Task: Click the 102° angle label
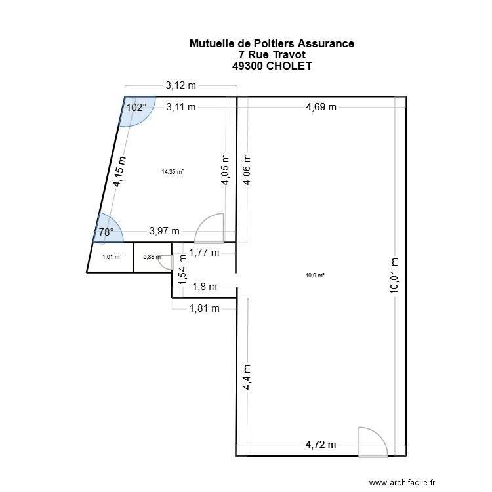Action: pyautogui.click(x=136, y=107)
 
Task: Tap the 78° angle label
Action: pyautogui.click(x=106, y=231)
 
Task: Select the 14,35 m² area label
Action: pyautogui.click(x=173, y=172)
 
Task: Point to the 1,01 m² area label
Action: pyautogui.click(x=112, y=257)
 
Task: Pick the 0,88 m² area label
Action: pyautogui.click(x=152, y=256)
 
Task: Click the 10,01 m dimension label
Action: pyautogui.click(x=395, y=276)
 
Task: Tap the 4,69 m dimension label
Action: pyautogui.click(x=321, y=107)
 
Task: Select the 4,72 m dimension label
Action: pyautogui.click(x=321, y=445)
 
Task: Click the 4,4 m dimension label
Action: pyautogui.click(x=247, y=379)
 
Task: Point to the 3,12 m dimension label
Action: pyautogui.click(x=180, y=85)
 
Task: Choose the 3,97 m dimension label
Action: pyautogui.click(x=165, y=230)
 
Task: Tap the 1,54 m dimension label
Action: pyautogui.click(x=183, y=272)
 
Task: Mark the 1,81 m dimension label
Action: pyautogui.click(x=205, y=308)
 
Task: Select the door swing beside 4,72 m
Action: pyautogui.click(x=372, y=441)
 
